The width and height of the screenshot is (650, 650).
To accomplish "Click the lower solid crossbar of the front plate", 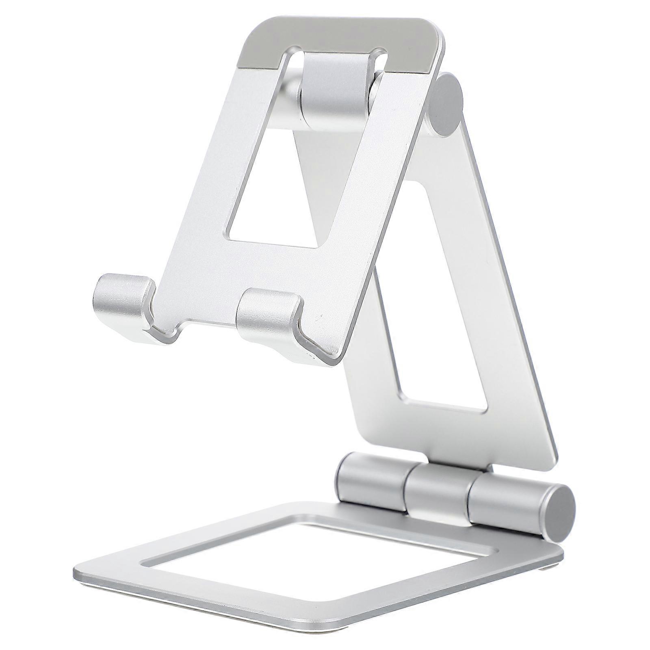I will click(252, 268).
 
